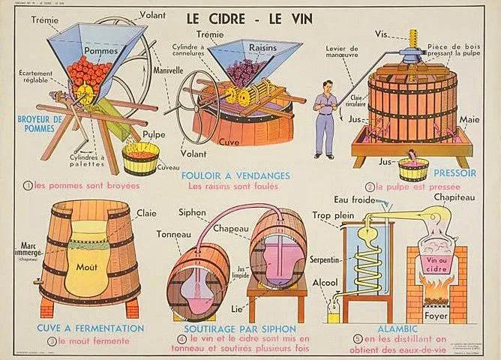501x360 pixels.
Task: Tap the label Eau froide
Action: (x=355, y=199)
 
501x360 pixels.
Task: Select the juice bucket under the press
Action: (x=413, y=167)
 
